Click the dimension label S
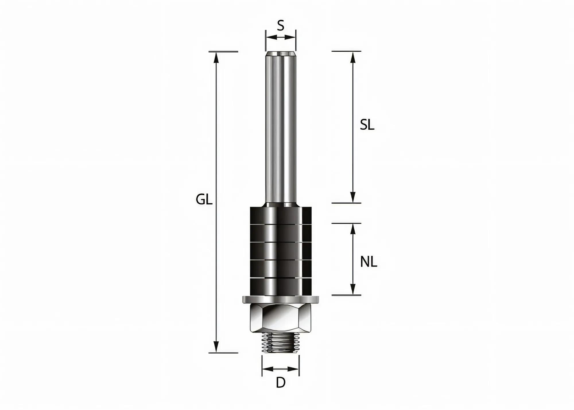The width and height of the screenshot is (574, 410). (280, 26)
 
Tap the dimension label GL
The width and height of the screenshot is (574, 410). (204, 199)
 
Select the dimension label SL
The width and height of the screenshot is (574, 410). (367, 125)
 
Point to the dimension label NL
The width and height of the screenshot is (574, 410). (369, 262)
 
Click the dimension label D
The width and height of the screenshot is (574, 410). (280, 383)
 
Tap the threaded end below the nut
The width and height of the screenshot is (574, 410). (280, 343)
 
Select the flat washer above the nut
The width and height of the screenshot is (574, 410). (280, 300)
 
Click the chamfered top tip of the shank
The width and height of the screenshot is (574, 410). (280, 54)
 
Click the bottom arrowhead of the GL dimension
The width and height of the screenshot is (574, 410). (216, 347)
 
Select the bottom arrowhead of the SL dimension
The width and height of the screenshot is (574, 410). (353, 197)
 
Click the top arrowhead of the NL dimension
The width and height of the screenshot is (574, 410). (353, 229)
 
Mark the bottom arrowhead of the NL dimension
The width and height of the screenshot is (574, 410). (353, 289)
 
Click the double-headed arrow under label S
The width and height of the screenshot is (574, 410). (280, 37)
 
